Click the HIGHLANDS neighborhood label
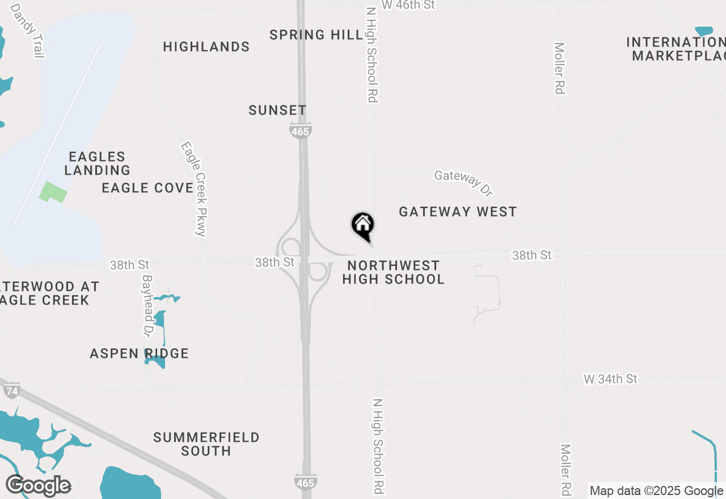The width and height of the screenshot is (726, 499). (206, 47)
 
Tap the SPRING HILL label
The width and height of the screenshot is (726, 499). (316, 35)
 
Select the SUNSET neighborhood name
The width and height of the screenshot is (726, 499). (277, 111)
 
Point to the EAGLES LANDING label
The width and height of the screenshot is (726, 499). (97, 163)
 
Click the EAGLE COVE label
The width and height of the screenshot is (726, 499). (147, 188)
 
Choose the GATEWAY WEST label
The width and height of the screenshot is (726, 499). (458, 212)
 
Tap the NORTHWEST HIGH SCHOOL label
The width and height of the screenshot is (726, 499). (394, 273)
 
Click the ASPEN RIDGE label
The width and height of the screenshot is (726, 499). (139, 354)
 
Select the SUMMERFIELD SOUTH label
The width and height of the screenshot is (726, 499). (206, 444)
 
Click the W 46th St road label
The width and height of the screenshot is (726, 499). (408, 5)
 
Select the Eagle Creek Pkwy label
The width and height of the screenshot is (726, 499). (193, 188)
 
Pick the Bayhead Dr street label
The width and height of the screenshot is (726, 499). (148, 306)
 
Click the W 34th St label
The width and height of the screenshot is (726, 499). (611, 379)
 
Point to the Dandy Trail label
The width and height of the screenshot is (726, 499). (27, 31)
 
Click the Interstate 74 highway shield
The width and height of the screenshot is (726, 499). (11, 390)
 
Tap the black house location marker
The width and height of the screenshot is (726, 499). (362, 226)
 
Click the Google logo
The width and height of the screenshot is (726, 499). (38, 486)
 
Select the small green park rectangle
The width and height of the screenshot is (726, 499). (53, 192)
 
